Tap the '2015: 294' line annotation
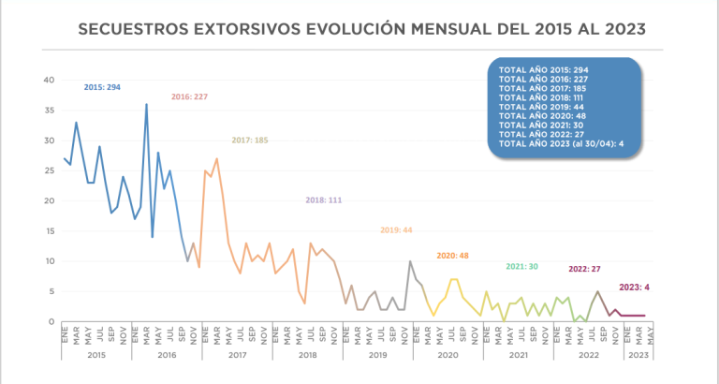(x=103, y=87)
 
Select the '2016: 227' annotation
(x=189, y=96)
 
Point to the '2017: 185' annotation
(x=250, y=140)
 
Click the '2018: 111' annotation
(x=324, y=200)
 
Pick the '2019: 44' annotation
(x=397, y=230)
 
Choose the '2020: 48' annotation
(x=452, y=256)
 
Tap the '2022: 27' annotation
(x=585, y=269)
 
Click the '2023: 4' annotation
(x=635, y=288)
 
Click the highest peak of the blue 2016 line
(x=146, y=104)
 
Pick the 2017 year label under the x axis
(x=237, y=356)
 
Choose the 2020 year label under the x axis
(x=448, y=356)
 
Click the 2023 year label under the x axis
(x=636, y=356)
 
